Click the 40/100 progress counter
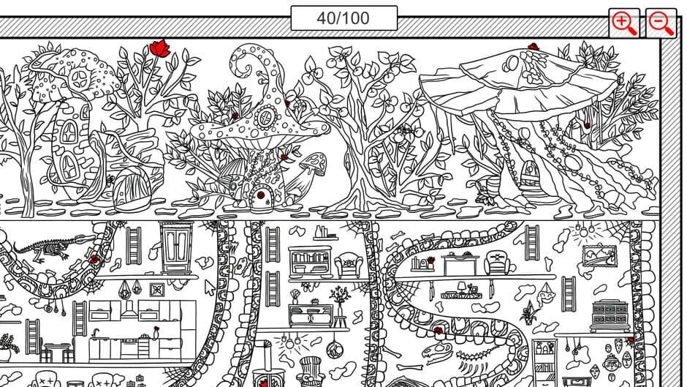pos(344,18)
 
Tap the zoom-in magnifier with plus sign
pos(624,23)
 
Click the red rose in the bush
pos(159,48)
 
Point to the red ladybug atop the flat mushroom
pos(533,46)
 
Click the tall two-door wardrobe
pos(175,248)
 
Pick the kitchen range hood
pos(129,309)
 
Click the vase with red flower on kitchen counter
pos(156,333)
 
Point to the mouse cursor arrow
pos(210,288)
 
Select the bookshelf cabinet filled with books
pos(310,262)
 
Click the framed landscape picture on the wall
pos(600,256)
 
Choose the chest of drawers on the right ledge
pos(610,315)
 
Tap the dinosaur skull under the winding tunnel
pos(436,351)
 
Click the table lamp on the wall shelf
pos(461,288)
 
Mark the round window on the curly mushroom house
pos(265,118)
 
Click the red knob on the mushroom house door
pos(261,195)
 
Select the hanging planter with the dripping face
pos(545,294)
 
